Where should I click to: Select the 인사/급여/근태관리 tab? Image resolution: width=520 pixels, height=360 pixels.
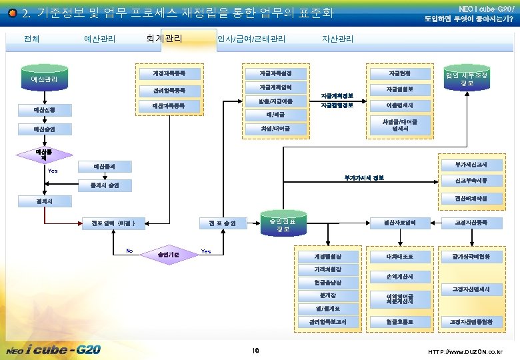tap(251, 39)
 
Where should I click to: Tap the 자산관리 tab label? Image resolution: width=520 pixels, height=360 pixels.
tap(337, 39)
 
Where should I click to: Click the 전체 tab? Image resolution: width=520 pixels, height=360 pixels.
tap(31, 39)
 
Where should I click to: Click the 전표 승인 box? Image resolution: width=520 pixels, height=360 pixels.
tap(221, 223)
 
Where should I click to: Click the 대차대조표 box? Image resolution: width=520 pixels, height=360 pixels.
tap(400, 256)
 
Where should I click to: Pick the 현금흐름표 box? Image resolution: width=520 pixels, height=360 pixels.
tap(400, 322)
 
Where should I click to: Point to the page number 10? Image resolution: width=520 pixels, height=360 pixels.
tap(255, 350)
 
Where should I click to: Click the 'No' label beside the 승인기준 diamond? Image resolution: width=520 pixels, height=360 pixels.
tap(129, 251)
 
